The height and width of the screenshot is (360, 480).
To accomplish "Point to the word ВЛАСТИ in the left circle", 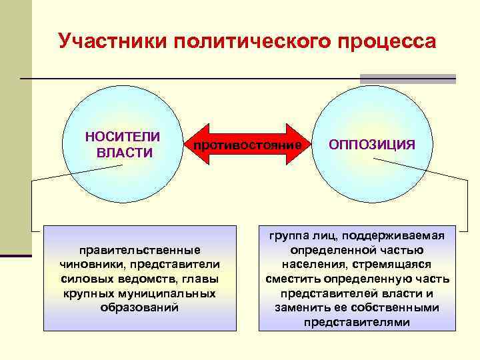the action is click(125, 153).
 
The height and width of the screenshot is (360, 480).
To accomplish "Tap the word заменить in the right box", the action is click(301, 308).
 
